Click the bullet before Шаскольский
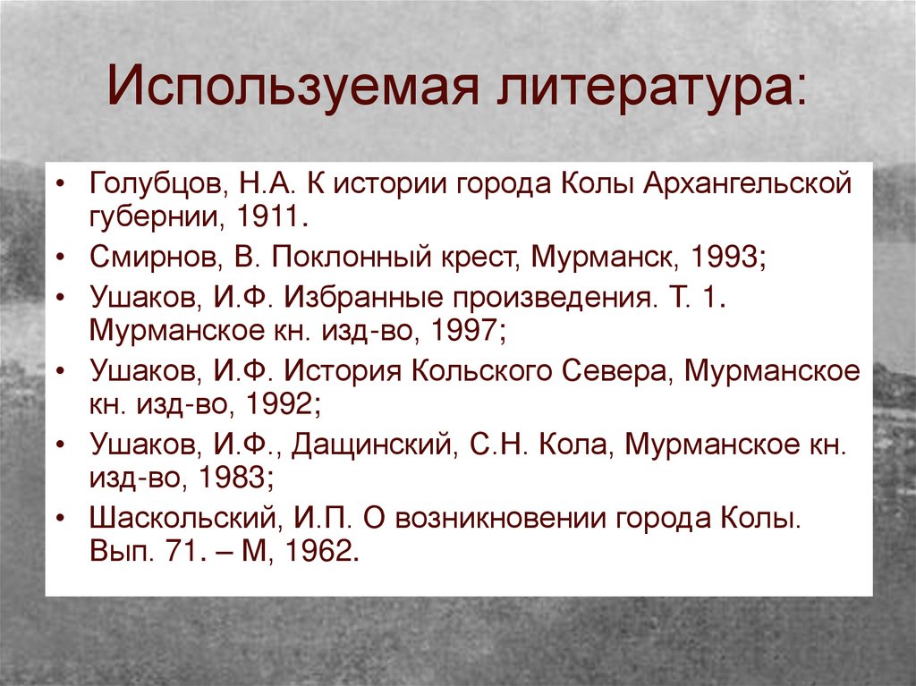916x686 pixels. [60, 516]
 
